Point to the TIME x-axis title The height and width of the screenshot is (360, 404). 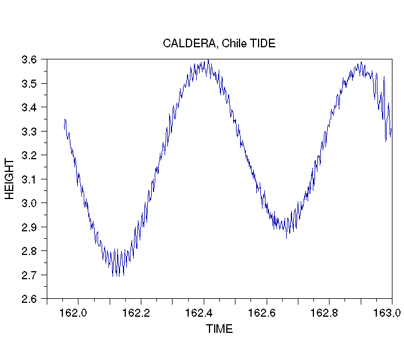[219, 329]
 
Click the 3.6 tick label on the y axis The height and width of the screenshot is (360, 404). [31, 59]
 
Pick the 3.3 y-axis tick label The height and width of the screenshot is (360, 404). [31, 132]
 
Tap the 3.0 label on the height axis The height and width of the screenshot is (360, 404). [31, 203]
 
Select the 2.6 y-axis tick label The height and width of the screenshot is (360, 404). [31, 299]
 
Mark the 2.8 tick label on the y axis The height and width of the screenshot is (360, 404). [31, 251]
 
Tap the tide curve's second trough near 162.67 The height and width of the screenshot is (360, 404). [286, 238]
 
